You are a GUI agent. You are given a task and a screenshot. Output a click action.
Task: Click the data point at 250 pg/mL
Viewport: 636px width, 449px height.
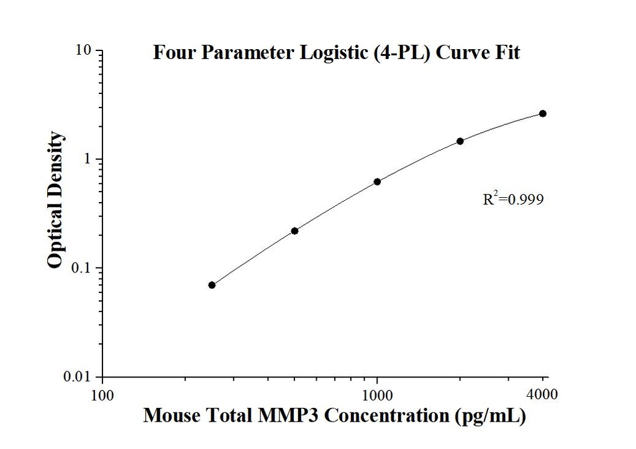tap(212, 285)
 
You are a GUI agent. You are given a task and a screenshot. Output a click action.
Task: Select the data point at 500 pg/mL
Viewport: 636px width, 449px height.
tap(294, 231)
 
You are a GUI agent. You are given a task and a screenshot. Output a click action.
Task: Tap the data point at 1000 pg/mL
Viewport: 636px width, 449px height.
tap(377, 182)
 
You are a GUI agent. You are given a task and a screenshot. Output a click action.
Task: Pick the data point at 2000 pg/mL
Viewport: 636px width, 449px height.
tap(460, 141)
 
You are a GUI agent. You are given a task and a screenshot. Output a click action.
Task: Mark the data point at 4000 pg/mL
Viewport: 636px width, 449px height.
tap(543, 113)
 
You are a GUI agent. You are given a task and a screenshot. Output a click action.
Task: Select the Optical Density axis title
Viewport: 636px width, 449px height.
tap(55, 200)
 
